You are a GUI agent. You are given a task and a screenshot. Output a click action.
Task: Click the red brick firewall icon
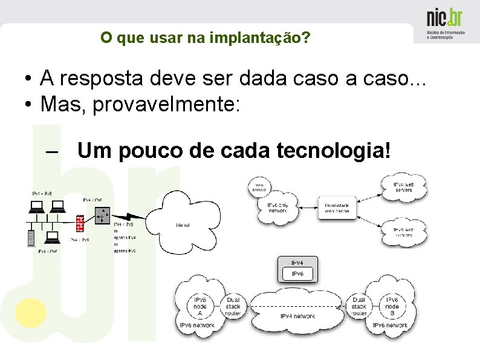[80, 223]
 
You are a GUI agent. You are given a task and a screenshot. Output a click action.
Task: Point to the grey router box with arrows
[102, 214]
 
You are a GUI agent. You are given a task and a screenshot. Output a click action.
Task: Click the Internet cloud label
[183, 225]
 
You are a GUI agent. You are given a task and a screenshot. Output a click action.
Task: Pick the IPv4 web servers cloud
[403, 187]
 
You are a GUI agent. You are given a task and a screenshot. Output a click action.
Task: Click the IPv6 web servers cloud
[403, 232]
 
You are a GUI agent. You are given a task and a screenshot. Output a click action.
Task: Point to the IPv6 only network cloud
[278, 208]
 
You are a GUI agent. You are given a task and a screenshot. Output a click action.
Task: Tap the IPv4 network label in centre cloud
[297, 316]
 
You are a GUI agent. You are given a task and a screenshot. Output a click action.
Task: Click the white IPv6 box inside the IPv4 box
[297, 274]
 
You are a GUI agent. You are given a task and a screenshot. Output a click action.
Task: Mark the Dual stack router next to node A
[233, 307]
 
